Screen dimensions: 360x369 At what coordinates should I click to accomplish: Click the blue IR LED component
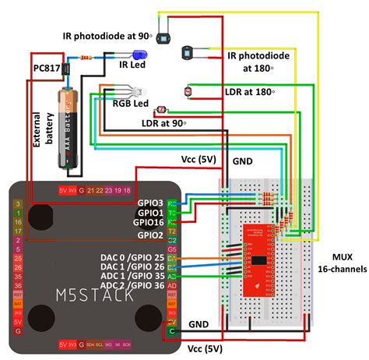tap(140, 55)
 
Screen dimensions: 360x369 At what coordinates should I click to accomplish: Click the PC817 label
tap(46, 69)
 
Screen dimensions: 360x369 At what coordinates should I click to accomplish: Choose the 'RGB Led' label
tap(131, 104)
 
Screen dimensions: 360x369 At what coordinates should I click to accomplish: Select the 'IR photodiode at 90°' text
tap(107, 36)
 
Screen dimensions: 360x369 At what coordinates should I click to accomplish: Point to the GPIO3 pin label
tap(150, 203)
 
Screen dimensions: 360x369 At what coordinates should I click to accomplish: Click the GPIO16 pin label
tap(148, 222)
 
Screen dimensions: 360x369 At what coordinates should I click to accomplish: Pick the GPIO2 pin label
tap(150, 234)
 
